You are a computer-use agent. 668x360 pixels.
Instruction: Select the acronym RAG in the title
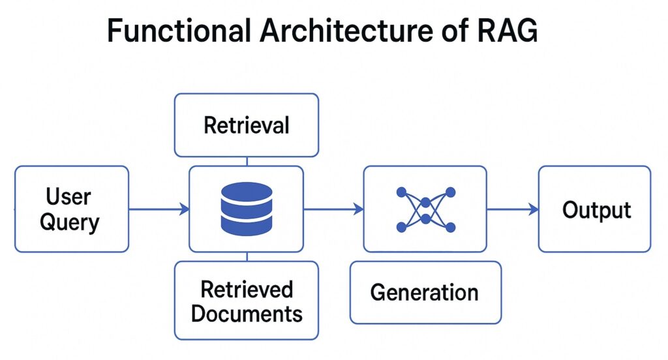click(x=506, y=31)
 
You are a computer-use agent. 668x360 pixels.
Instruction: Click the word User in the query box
click(x=68, y=196)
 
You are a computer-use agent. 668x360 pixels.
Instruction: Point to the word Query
click(x=69, y=222)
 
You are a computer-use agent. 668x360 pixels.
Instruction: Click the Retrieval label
click(x=246, y=125)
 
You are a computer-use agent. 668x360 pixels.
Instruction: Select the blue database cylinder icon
click(x=246, y=209)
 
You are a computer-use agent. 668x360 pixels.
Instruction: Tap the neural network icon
click(x=425, y=209)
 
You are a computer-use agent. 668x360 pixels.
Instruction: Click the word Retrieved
click(x=247, y=289)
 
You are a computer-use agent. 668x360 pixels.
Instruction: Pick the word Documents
click(x=247, y=314)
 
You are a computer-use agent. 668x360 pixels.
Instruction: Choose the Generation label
click(x=425, y=292)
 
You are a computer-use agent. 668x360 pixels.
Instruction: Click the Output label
click(x=596, y=210)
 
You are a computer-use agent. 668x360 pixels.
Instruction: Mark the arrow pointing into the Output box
click(x=513, y=209)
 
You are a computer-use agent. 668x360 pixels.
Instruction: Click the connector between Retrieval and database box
click(x=246, y=161)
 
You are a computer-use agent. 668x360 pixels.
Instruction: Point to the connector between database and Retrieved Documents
click(x=246, y=256)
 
